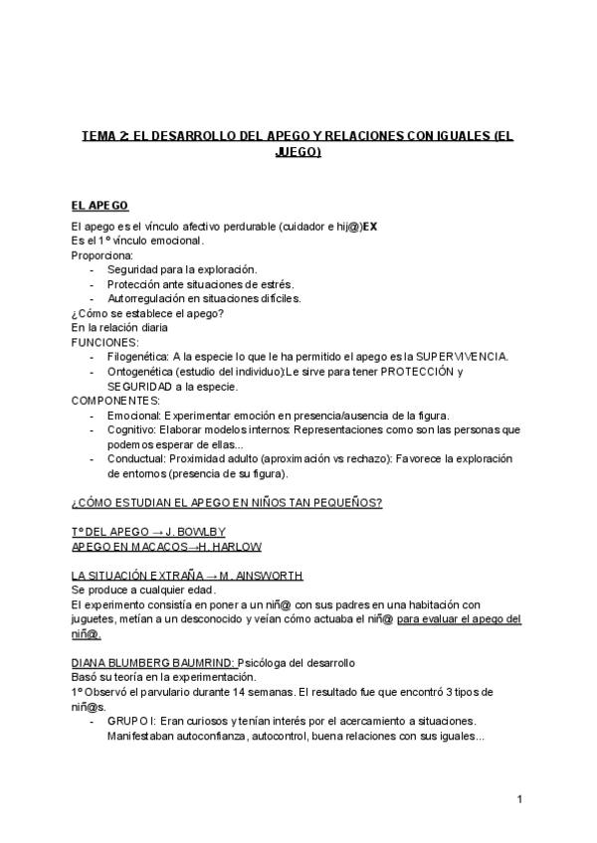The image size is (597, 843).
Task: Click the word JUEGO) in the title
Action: (298, 153)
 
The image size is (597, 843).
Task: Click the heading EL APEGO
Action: (99, 206)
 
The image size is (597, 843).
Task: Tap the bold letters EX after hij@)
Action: (369, 227)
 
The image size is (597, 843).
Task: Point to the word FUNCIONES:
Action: (105, 340)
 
